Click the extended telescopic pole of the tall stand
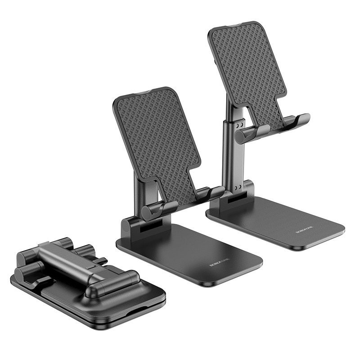[232, 153]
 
